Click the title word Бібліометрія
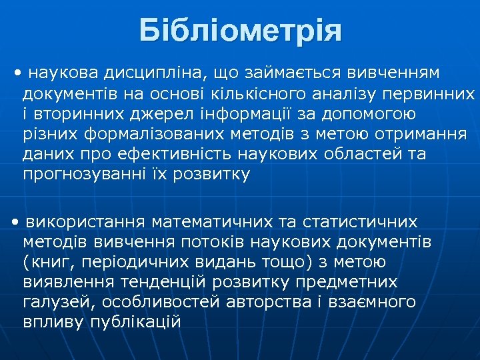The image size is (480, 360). click(241, 31)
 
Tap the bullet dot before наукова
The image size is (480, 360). click(17, 71)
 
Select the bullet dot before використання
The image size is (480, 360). click(15, 221)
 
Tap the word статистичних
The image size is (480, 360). click(361, 221)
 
